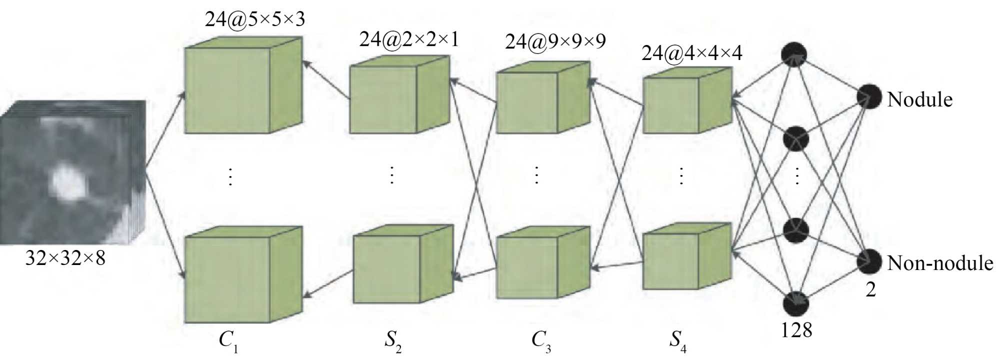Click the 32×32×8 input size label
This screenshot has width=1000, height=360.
pos(65,258)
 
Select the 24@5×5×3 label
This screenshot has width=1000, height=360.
pos(254,19)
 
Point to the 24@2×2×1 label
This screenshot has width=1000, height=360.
pos(409,39)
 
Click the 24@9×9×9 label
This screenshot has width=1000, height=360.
pos(555,41)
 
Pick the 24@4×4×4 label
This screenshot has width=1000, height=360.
pos(692,53)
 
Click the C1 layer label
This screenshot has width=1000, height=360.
pos(228,340)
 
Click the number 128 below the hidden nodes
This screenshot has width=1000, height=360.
pos(796,330)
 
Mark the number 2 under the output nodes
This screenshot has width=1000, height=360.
pos(870,289)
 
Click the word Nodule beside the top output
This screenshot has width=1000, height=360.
pos(919,99)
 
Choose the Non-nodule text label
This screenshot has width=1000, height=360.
pos(940,263)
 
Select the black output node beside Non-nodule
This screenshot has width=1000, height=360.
pos(869,260)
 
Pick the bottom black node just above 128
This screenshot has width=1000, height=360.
pos(796,303)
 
